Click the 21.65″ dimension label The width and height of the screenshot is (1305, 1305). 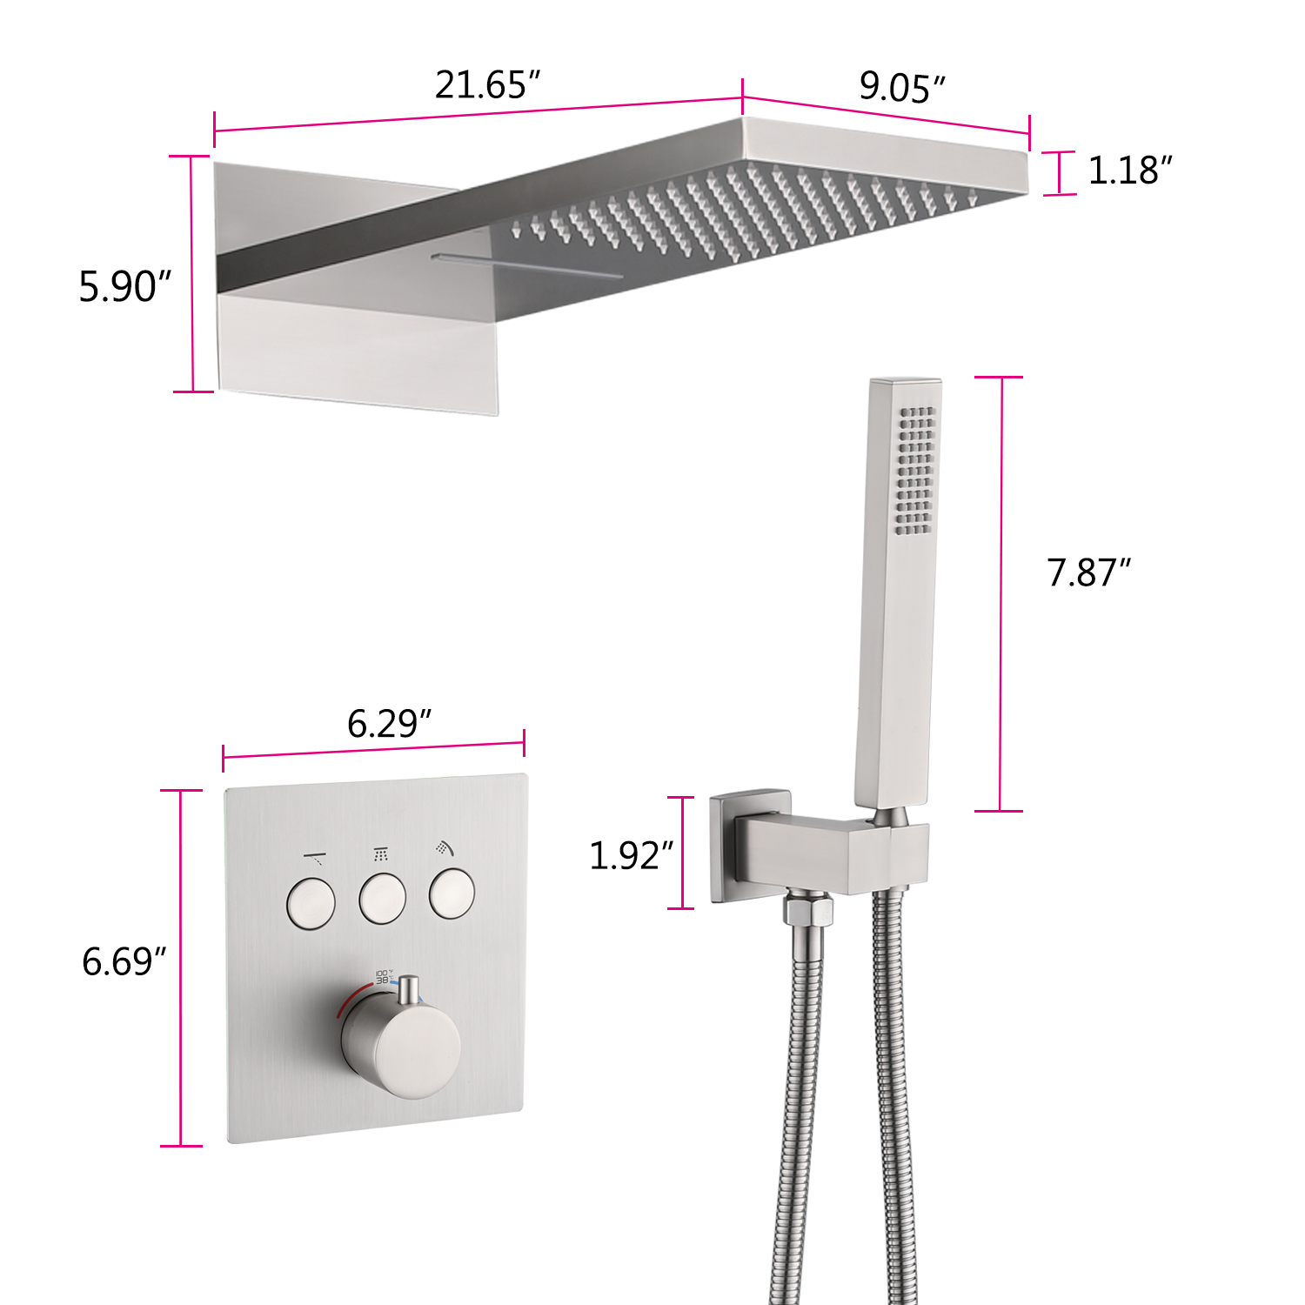click(x=487, y=85)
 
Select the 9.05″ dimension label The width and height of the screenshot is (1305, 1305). click(x=902, y=87)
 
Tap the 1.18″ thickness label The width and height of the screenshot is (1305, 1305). click(x=1129, y=171)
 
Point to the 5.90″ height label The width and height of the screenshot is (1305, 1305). click(x=124, y=286)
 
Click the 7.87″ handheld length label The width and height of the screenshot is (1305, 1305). click(x=1088, y=572)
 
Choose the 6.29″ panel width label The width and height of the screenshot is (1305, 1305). click(x=389, y=724)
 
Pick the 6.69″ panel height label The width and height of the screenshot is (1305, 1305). click(x=124, y=962)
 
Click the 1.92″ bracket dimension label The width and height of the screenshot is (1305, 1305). click(x=631, y=856)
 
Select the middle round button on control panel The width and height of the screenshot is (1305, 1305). click(x=383, y=899)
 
